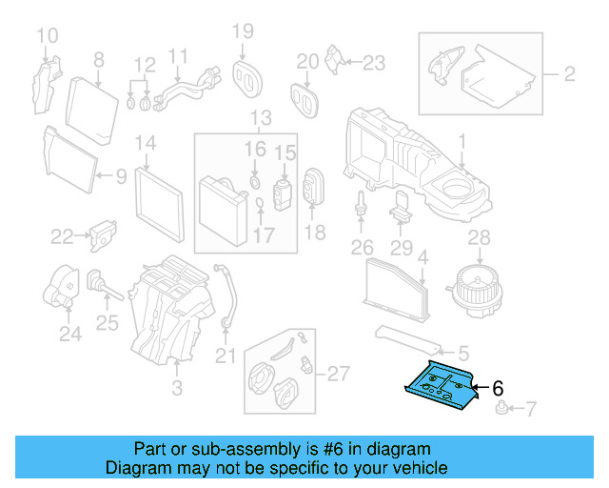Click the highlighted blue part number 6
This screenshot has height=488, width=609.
439,386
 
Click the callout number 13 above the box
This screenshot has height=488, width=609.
261,118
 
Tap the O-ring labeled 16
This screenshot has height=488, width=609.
255,181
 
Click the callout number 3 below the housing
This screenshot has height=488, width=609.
175,387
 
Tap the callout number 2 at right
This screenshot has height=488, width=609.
569,73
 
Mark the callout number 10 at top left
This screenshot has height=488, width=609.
48,36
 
